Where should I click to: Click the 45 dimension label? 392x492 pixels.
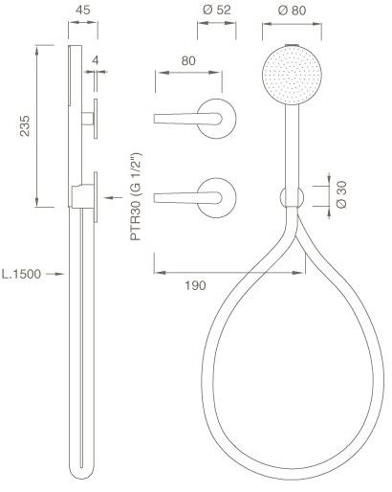(x=83, y=10)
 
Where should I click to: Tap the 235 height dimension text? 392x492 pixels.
(x=25, y=126)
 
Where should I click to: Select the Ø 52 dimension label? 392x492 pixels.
(x=217, y=10)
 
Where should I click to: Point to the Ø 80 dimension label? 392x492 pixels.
(x=292, y=11)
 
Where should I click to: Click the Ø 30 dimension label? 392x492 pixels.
(x=341, y=194)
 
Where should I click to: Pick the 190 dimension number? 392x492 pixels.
(x=195, y=285)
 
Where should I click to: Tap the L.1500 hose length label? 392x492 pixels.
(x=21, y=274)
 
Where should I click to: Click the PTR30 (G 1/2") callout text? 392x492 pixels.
(x=137, y=197)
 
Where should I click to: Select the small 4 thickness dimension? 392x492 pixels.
(x=96, y=60)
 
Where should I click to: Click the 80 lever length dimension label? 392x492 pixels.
(x=188, y=60)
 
